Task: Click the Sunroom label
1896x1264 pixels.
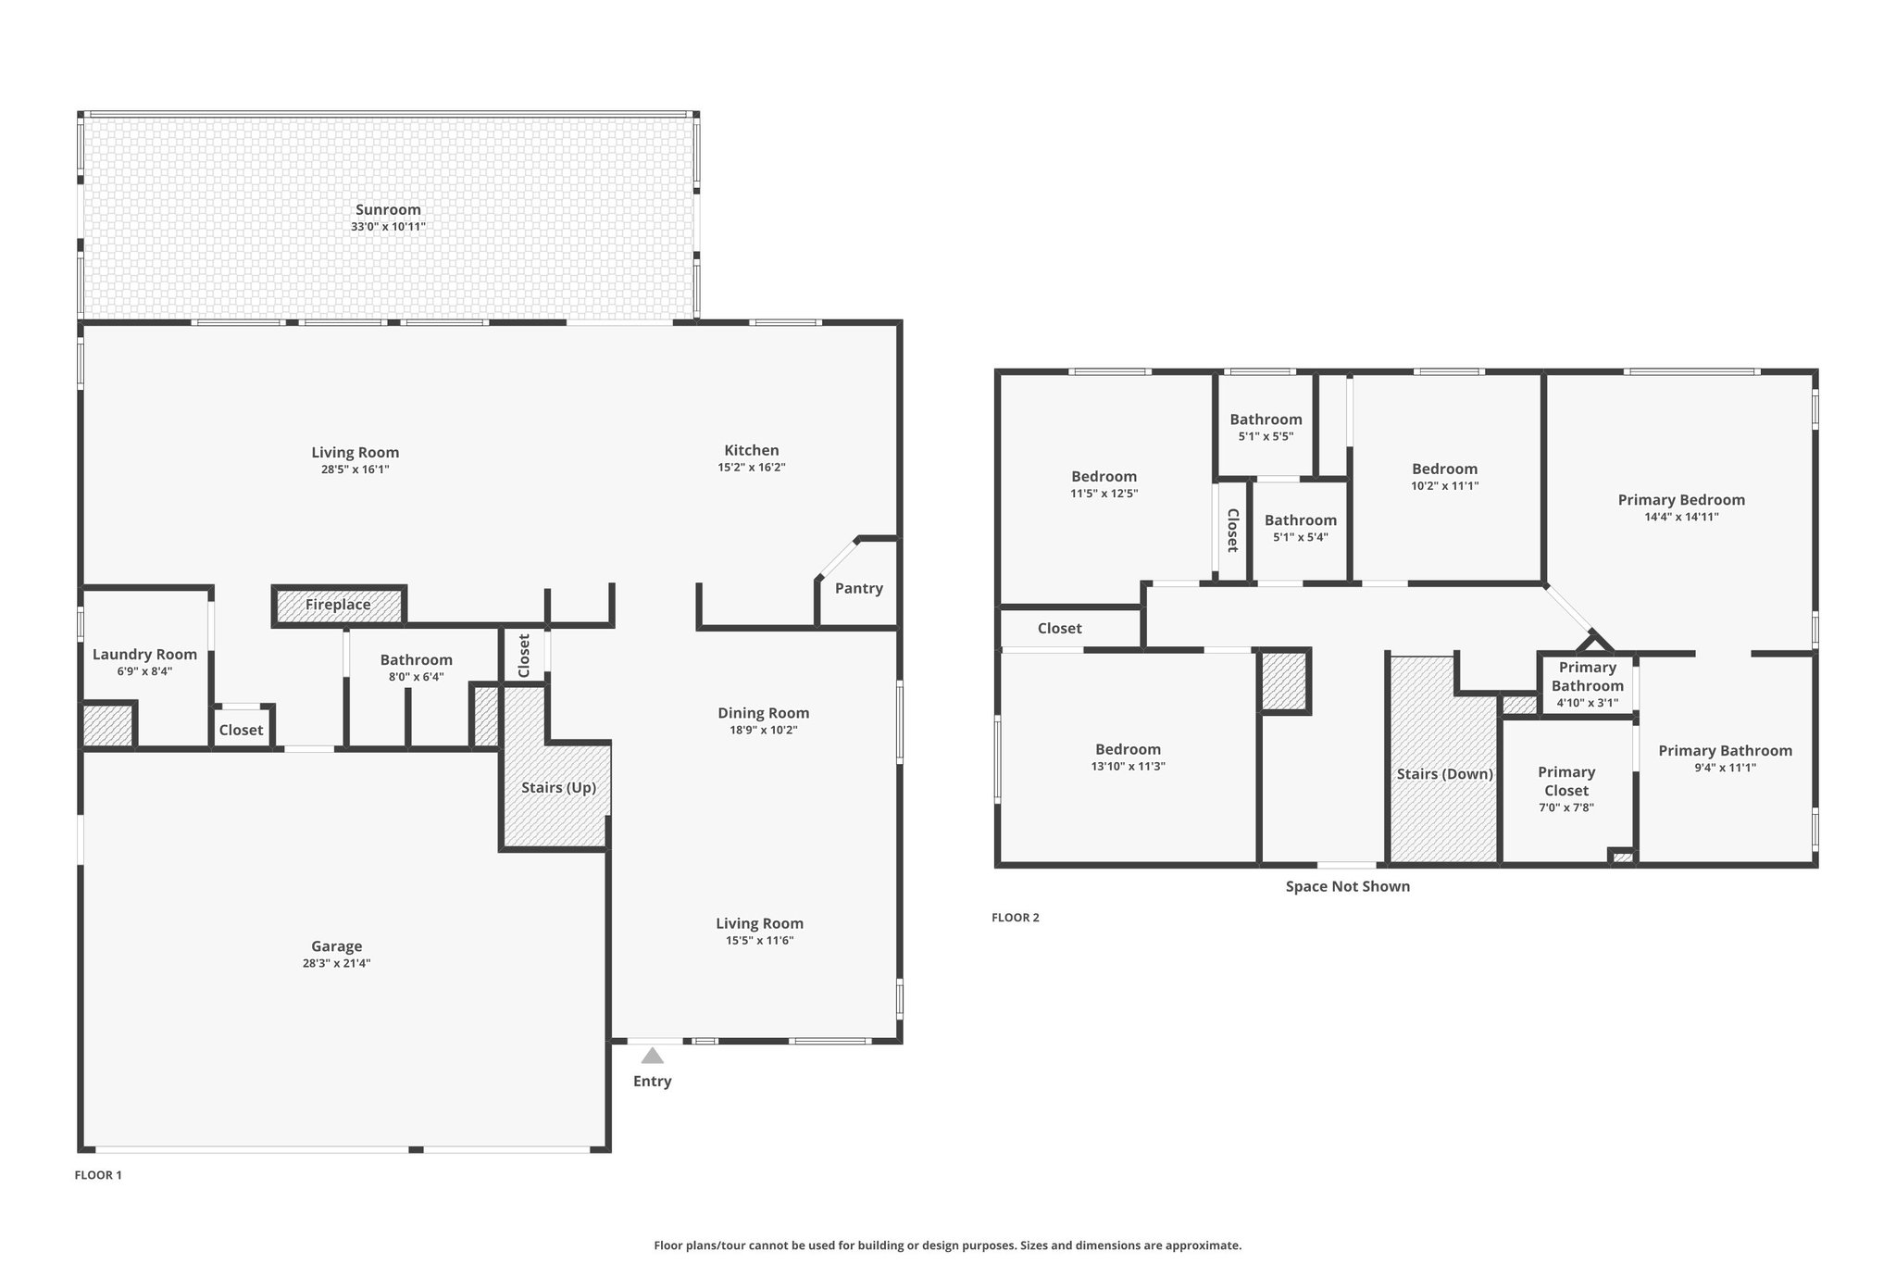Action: [x=388, y=210]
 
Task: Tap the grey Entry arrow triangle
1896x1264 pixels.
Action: [x=653, y=1056]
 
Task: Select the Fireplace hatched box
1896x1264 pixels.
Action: [x=339, y=605]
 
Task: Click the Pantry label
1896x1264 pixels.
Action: [x=859, y=588]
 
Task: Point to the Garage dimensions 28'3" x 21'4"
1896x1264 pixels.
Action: [x=336, y=963]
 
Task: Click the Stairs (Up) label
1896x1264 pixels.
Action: [x=558, y=787]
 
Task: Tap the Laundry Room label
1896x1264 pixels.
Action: [x=144, y=655]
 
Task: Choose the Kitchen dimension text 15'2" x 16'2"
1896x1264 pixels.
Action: [x=752, y=468]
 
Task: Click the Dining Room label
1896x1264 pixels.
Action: [x=764, y=713]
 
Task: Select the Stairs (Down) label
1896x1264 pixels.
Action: [x=1445, y=774]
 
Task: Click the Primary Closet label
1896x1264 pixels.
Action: [x=1566, y=782]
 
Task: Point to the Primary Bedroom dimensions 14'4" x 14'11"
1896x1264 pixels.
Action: [x=1681, y=518]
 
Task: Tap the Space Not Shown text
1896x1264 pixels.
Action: [x=1348, y=886]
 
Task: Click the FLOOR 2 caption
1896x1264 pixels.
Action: [x=1016, y=918]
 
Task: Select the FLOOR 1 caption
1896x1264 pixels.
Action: [x=98, y=1175]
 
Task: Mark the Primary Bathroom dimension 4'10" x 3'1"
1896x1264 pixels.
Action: [x=1588, y=703]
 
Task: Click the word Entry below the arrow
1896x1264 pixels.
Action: [x=653, y=1082]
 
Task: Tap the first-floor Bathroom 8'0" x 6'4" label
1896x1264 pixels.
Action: [x=417, y=660]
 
